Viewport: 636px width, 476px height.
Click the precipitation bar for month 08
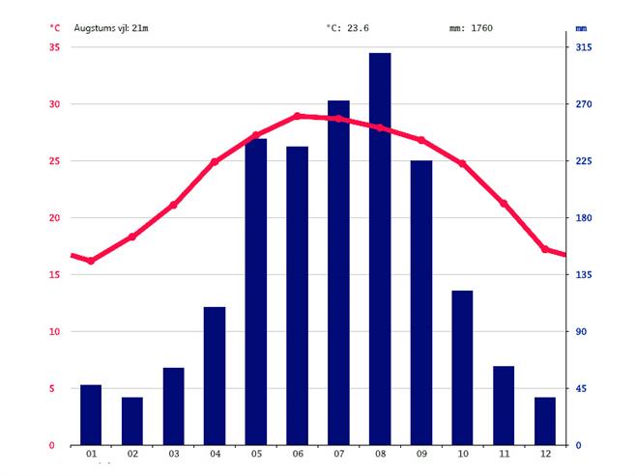click(x=380, y=249)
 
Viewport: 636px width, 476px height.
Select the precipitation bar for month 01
click(x=91, y=415)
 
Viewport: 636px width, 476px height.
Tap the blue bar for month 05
click(x=256, y=292)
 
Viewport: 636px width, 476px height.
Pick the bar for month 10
click(x=463, y=368)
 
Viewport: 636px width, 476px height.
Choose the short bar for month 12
click(x=545, y=421)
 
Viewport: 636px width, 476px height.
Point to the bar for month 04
click(x=215, y=376)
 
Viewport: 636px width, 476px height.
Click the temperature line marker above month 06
click(x=297, y=116)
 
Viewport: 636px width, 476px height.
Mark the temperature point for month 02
click(x=132, y=237)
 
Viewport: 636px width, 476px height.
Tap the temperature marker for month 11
click(x=504, y=204)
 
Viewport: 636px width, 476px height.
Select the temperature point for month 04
click(x=215, y=162)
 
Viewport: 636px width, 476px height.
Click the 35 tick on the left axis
click(x=54, y=47)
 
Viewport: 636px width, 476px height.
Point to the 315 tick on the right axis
click(x=584, y=47)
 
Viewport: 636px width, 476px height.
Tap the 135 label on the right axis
click(x=584, y=275)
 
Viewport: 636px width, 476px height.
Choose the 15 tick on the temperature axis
click(x=54, y=275)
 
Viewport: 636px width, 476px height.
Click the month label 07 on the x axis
click(x=338, y=455)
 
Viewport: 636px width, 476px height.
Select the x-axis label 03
click(x=174, y=455)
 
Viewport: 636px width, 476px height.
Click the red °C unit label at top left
click(x=54, y=28)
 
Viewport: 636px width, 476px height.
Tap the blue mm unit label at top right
click(x=581, y=28)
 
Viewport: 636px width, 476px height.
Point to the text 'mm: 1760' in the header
click(x=471, y=28)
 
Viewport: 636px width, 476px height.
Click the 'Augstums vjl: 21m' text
click(x=111, y=28)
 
